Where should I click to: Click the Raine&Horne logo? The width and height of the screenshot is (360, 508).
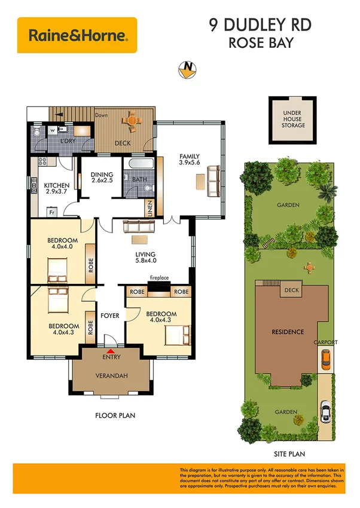pos(77,35)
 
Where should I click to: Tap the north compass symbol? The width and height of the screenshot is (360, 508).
pos(187,69)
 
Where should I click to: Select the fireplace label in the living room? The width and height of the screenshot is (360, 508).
pos(158,277)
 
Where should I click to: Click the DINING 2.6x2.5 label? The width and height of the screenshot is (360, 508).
pos(102,177)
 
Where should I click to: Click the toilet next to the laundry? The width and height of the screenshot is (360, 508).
pos(37,133)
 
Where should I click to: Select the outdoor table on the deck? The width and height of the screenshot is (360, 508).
pos(132,120)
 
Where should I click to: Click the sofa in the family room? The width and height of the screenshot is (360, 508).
pos(213,178)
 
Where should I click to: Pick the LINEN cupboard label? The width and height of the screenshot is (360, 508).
pos(149,209)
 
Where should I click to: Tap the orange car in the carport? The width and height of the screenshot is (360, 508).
pos(325,359)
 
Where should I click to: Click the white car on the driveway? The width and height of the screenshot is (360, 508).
pos(325,411)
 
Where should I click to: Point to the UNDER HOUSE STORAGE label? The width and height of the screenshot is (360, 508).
pos(293,118)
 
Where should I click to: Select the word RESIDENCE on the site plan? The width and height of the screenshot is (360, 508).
pos(288,332)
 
